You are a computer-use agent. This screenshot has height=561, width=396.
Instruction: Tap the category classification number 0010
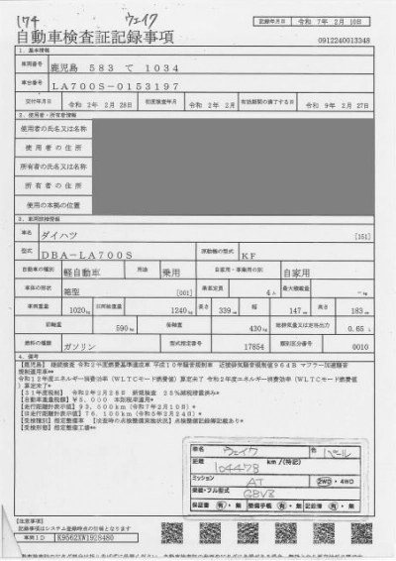[359, 347]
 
